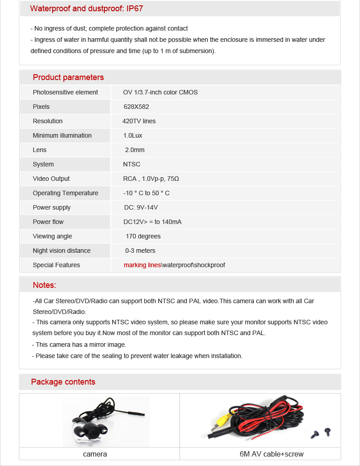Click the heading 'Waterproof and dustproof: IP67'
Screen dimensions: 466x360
click(x=86, y=9)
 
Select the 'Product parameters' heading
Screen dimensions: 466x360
click(x=68, y=77)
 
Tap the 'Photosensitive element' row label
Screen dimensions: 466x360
click(x=65, y=92)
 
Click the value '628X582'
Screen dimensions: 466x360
click(x=136, y=107)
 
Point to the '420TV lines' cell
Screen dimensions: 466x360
click(x=139, y=121)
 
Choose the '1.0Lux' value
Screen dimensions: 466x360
click(x=133, y=135)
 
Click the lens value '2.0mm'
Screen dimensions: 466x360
click(x=135, y=150)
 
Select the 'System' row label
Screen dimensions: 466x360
click(x=43, y=164)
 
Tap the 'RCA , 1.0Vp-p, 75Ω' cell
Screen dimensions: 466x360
click(x=151, y=179)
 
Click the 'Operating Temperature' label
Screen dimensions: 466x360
click(x=65, y=193)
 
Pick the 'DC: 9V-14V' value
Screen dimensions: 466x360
click(x=141, y=207)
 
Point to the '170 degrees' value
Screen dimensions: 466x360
click(x=143, y=236)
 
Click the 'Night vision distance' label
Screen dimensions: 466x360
click(x=62, y=251)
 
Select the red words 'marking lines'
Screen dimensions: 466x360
click(x=142, y=265)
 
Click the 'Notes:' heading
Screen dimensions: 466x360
click(x=45, y=285)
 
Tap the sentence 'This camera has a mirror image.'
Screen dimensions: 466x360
click(x=81, y=345)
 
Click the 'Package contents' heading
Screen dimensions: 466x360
click(x=63, y=382)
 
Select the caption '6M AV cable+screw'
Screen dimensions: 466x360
click(x=271, y=454)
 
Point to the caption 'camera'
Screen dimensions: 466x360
click(x=95, y=454)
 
